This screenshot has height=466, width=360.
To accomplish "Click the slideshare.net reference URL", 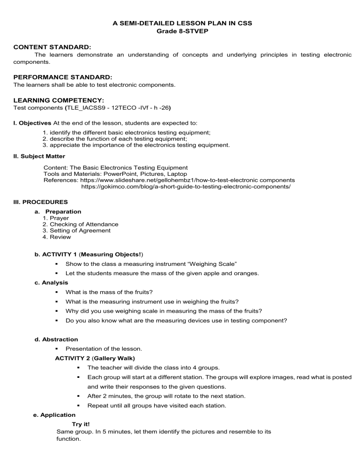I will coord(187,180).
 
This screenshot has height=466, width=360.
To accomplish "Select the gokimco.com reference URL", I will coord(186,187).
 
